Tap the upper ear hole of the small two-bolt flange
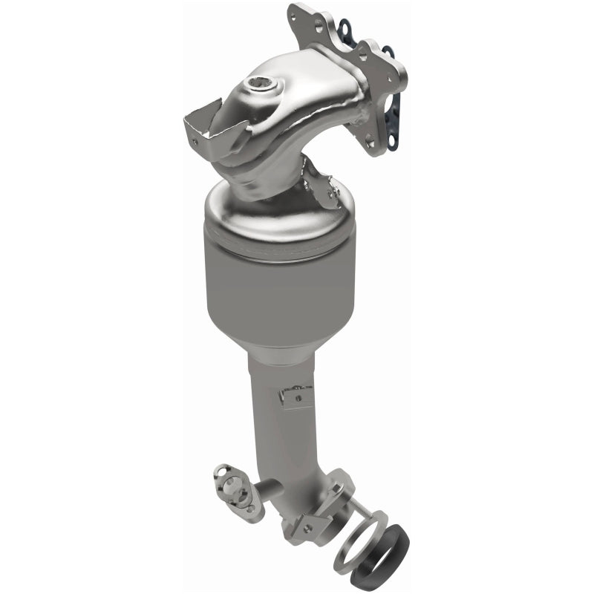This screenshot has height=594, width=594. (221, 469)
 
